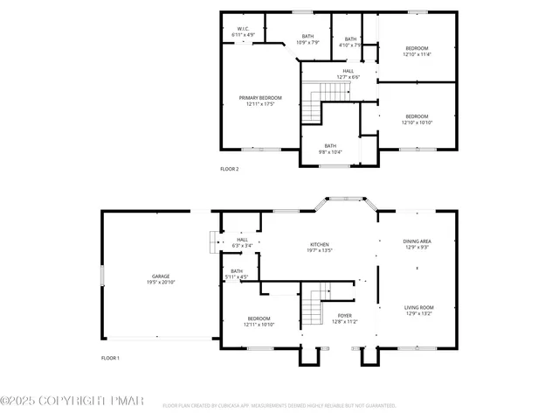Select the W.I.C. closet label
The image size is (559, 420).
tap(243, 31)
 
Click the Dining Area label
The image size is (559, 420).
tap(417, 244)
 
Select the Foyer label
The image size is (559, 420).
tap(345, 318)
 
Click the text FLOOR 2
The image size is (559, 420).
tap(229, 169)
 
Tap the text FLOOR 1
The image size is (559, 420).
tap(110, 358)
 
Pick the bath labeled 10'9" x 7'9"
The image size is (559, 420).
tap(307, 39)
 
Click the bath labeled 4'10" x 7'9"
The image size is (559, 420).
tap(350, 42)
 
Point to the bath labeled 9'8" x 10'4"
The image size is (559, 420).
tap(330, 149)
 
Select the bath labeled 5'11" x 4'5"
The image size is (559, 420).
tap(237, 274)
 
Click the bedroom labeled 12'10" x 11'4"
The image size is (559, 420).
tap(417, 51)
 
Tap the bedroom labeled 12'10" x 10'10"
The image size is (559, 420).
tap(417, 119)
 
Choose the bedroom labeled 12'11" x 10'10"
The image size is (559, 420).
tap(259, 321)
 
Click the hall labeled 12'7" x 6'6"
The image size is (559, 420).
tap(348, 73)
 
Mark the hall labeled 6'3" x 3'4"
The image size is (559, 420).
tap(242, 242)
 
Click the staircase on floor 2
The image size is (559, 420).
tap(314, 101)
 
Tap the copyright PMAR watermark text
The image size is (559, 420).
tap(72, 401)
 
